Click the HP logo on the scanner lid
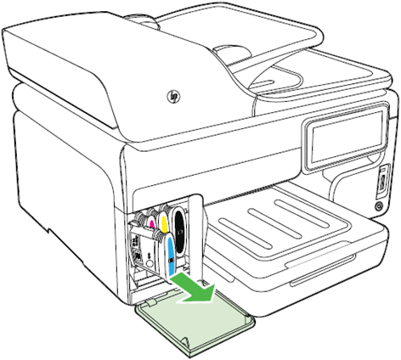click(x=173, y=97)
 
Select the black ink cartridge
click(x=178, y=232)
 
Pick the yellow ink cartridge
click(x=163, y=223)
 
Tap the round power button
click(x=378, y=206)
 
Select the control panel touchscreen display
click(x=346, y=137)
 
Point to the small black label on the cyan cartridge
click(x=170, y=260)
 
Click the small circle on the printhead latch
click(x=150, y=263)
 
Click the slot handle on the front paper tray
click(x=322, y=268)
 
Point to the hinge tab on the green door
click(x=151, y=303)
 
